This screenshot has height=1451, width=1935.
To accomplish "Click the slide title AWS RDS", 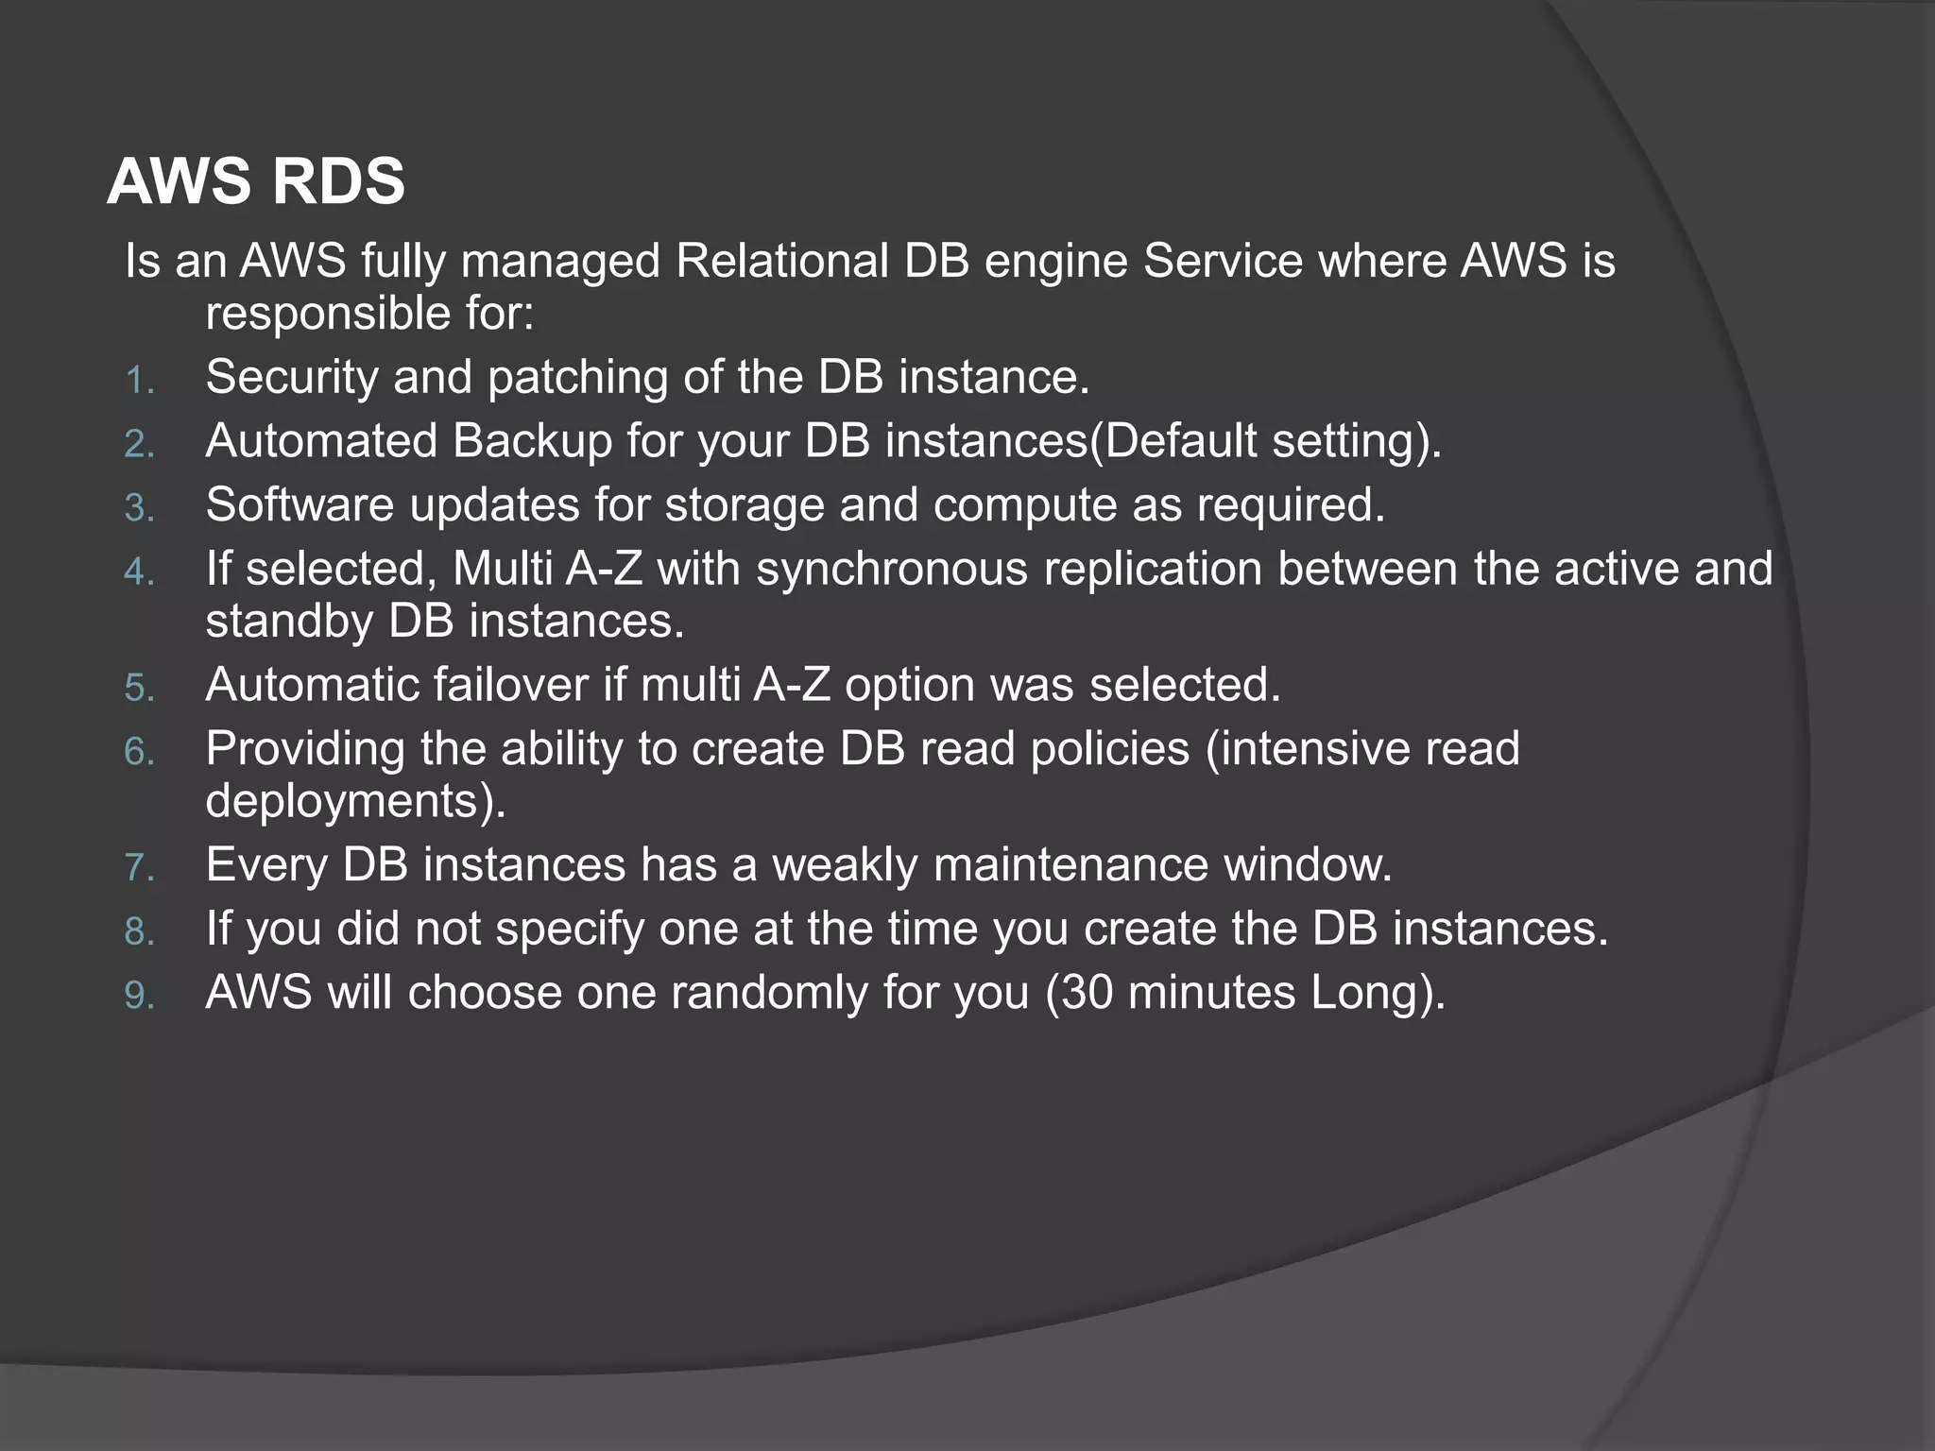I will pos(256,181).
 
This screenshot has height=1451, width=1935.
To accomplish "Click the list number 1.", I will pos(139,381).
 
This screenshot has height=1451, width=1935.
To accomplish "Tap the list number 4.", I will pos(139,572).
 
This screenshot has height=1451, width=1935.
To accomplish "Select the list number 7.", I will pos(139,868).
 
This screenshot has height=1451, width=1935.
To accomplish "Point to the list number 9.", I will pos(139,997).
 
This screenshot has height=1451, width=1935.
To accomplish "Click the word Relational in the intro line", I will pos(782,262).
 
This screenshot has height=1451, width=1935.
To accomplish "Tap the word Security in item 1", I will pos(291,377).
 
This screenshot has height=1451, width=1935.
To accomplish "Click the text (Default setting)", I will pos(1266,441).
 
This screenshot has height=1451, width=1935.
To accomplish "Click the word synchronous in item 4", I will pos(891,570).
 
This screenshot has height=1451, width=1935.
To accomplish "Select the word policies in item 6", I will pos(1109,749).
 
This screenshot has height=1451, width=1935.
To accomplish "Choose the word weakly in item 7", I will pos(845,865).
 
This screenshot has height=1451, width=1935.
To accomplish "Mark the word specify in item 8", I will pos(570,930).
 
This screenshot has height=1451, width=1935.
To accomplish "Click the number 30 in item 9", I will pos(1086,994).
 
